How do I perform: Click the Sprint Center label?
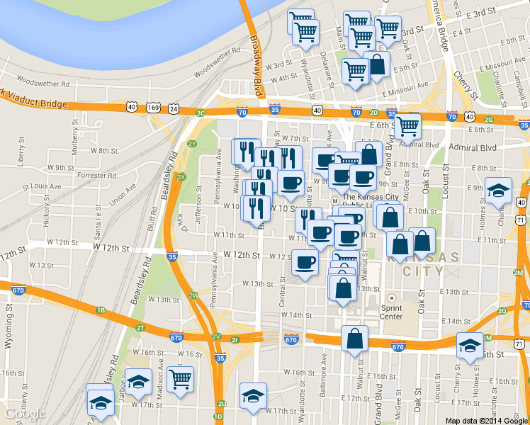coord(392,312)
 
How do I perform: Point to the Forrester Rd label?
coord(91,174)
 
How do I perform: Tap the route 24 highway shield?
coord(174,108)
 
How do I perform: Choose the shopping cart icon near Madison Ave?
coord(180,378)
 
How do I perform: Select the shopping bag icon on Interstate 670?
coord(354,338)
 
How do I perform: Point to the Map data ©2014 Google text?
coord(487,420)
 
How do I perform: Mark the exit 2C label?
coord(201,113)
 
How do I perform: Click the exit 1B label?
coord(101,310)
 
